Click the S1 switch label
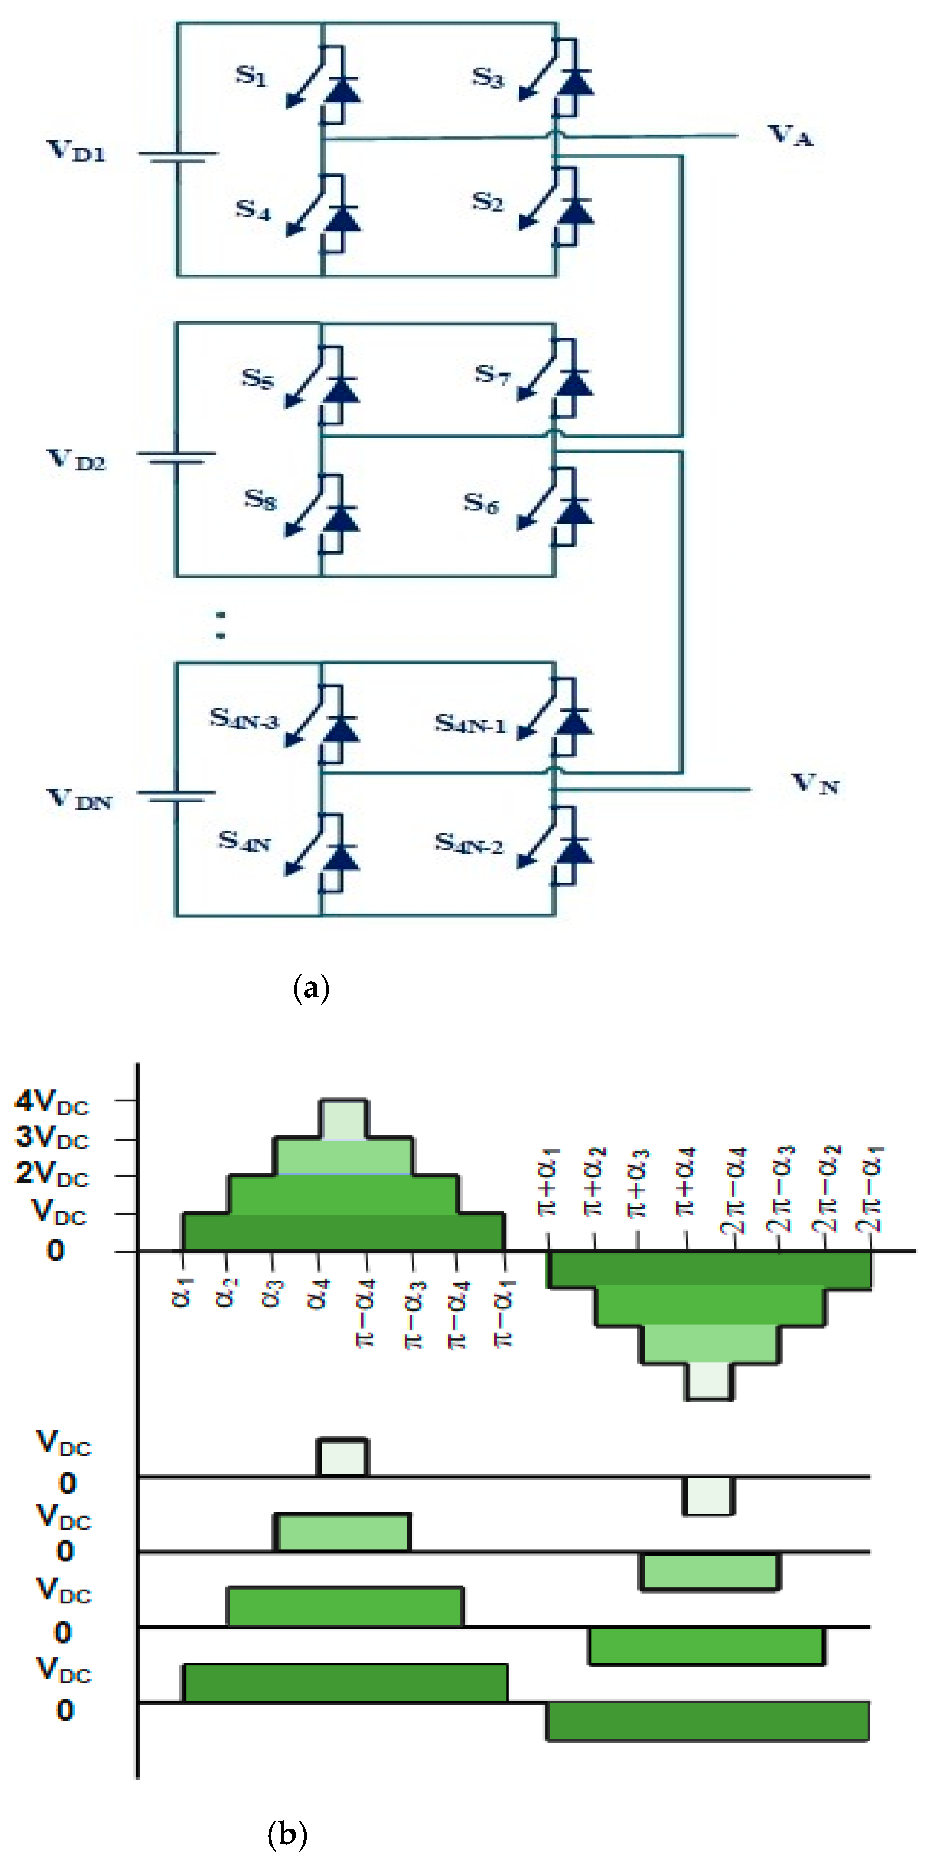coord(251,75)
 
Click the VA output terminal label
coord(790,135)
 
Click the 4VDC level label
coord(51,1101)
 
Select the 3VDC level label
coord(51,1137)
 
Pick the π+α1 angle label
coord(550,1186)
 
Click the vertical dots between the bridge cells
coord(221,626)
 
